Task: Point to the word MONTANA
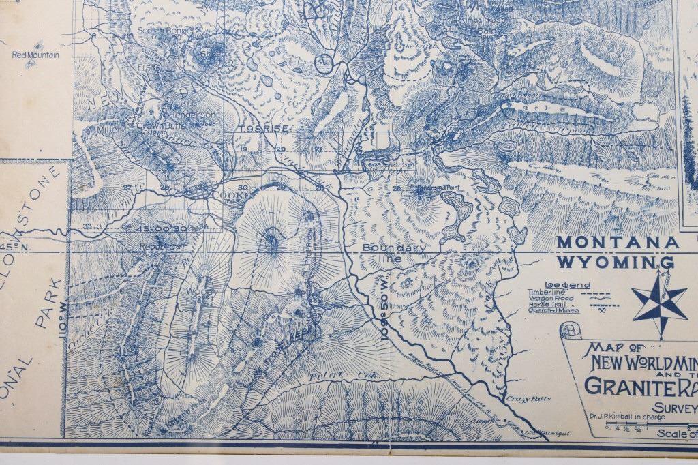tap(618, 242)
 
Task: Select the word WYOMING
tap(616, 262)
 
